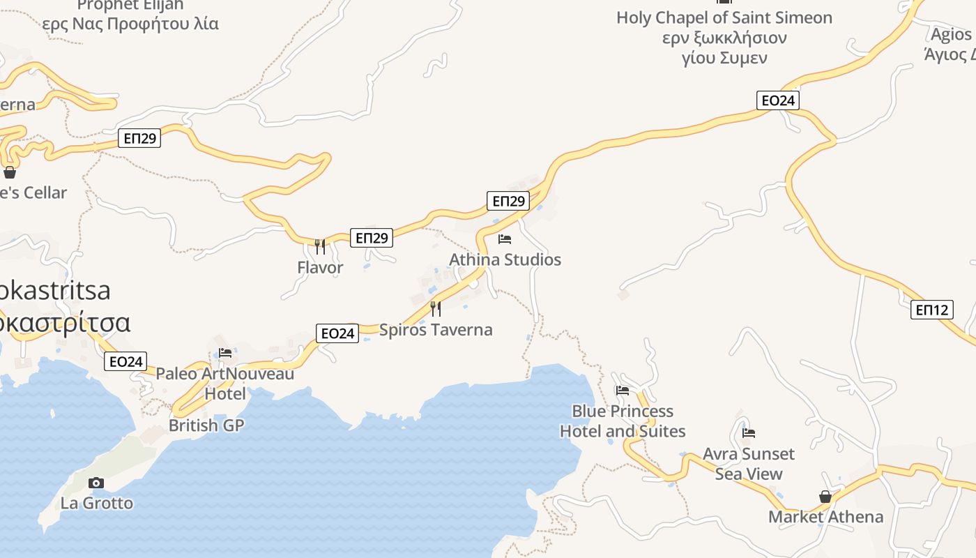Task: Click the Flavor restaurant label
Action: pyautogui.click(x=320, y=267)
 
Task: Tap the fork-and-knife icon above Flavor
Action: pyautogui.click(x=320, y=246)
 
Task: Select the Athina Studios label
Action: pyautogui.click(x=505, y=259)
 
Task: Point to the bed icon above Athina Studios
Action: pyautogui.click(x=505, y=239)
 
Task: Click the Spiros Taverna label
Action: pyautogui.click(x=436, y=329)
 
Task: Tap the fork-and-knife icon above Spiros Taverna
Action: pyautogui.click(x=436, y=308)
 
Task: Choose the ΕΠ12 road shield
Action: pyautogui.click(x=932, y=310)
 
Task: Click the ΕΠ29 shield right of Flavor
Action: pyautogui.click(x=371, y=238)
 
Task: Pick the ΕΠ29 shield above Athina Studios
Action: pyautogui.click(x=508, y=202)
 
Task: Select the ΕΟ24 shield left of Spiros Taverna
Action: pyautogui.click(x=337, y=333)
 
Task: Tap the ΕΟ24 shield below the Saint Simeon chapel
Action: pyautogui.click(x=778, y=100)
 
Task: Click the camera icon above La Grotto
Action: pyautogui.click(x=96, y=483)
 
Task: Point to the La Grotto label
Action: pyautogui.click(x=96, y=503)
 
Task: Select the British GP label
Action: pyautogui.click(x=206, y=425)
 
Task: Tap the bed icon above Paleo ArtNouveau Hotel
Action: pyautogui.click(x=225, y=353)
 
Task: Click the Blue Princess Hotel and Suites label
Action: pyautogui.click(x=623, y=421)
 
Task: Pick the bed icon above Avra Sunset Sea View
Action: pyautogui.click(x=749, y=433)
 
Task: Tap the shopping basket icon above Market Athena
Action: pyautogui.click(x=825, y=497)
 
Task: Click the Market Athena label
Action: pyautogui.click(x=825, y=517)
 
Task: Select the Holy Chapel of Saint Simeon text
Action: pyautogui.click(x=724, y=17)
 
